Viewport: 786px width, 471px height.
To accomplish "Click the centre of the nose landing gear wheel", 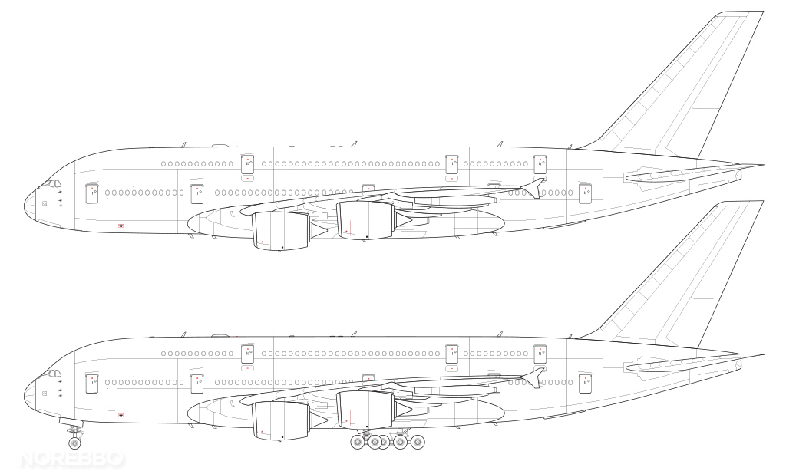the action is pyautogui.click(x=74, y=443).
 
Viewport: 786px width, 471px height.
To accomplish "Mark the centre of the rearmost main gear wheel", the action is pyautogui.click(x=417, y=442).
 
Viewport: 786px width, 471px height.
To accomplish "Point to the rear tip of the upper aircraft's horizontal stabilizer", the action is pyautogui.click(x=763, y=164).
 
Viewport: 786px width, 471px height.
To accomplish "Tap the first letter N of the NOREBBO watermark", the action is pyautogui.click(x=29, y=459).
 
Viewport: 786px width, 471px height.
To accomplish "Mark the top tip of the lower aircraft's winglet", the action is pyautogui.click(x=543, y=368).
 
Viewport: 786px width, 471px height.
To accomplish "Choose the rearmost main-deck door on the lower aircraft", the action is pyautogui.click(x=585, y=384).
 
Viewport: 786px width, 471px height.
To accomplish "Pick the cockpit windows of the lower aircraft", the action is pyautogui.click(x=51, y=373).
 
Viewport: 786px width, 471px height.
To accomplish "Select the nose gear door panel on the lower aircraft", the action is pyautogui.click(x=71, y=422).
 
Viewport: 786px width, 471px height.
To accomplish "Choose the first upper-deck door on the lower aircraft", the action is pyautogui.click(x=247, y=354).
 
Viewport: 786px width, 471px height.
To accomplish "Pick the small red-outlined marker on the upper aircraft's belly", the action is pyautogui.click(x=121, y=226).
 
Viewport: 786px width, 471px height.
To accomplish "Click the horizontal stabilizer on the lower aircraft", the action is pyautogui.click(x=693, y=364).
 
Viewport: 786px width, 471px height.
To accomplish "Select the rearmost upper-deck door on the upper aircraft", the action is pyautogui.click(x=540, y=164).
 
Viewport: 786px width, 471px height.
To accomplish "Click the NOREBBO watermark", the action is pyautogui.click(x=71, y=459).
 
